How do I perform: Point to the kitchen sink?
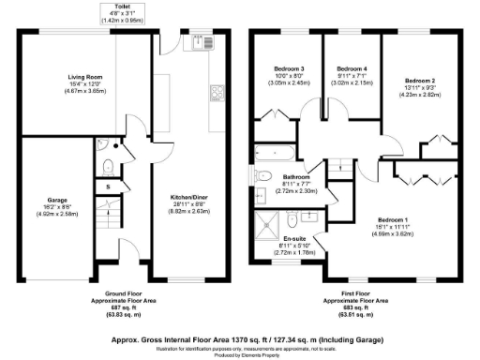pyautogui.click(x=200, y=43)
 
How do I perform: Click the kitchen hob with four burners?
pyautogui.click(x=217, y=92)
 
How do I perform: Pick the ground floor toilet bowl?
pyautogui.click(x=110, y=166)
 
